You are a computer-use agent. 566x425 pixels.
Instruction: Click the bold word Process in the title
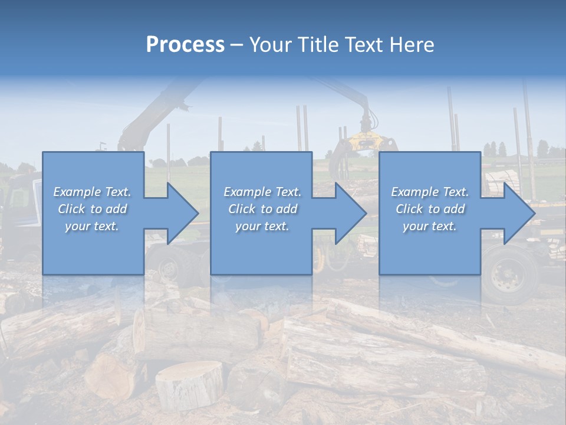click(x=185, y=44)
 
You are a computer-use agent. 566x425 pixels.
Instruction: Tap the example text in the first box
click(x=92, y=209)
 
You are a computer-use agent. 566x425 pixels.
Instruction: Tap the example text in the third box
click(x=430, y=209)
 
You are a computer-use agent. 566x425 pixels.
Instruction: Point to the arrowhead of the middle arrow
click(x=350, y=213)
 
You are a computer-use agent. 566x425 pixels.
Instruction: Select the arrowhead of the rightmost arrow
click(x=519, y=213)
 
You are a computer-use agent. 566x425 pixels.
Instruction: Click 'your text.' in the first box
click(x=92, y=226)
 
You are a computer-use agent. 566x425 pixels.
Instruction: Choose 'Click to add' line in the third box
click(x=430, y=209)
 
